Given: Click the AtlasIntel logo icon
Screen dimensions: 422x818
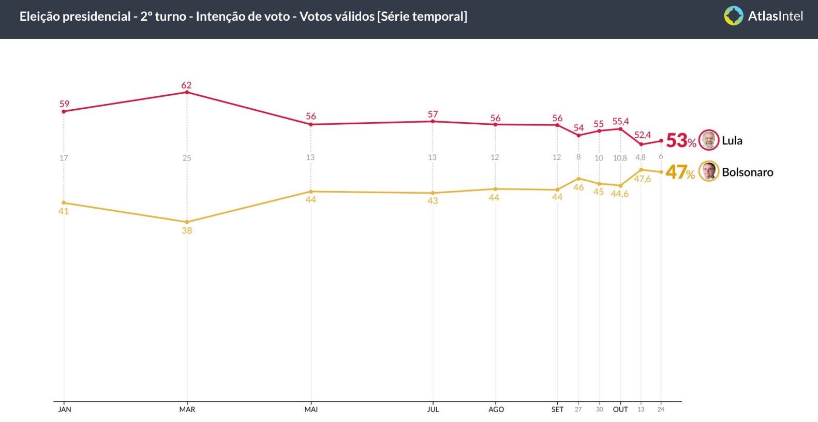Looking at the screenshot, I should coord(733,16).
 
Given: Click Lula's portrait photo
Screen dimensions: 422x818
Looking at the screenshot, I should coord(709,140).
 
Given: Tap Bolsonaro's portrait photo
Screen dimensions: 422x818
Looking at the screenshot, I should coord(709,171).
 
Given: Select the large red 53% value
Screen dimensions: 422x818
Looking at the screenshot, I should coord(680,140).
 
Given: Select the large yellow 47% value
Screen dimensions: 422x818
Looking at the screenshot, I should coord(680,172).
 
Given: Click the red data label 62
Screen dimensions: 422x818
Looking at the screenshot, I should coord(186,85).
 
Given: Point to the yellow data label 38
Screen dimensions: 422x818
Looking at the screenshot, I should coord(187,230).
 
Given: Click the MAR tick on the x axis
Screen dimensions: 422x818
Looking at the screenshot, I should coord(187,409).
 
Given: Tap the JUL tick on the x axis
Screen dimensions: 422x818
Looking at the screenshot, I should coord(433,409).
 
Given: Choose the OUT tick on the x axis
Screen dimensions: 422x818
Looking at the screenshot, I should coord(620,409).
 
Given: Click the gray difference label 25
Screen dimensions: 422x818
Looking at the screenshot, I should coord(187,158).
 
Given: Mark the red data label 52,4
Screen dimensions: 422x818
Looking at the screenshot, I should coord(643,135).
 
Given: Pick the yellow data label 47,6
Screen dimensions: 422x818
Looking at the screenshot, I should coord(643,179).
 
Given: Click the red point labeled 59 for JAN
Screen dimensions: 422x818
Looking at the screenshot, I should coord(64,111).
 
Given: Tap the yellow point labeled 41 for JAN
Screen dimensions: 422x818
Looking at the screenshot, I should coord(64,202).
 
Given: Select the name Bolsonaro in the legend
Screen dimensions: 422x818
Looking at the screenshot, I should coord(747,172).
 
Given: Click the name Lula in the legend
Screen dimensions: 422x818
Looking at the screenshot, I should coord(732,140).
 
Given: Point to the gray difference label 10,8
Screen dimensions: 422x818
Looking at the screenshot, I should coord(620,158).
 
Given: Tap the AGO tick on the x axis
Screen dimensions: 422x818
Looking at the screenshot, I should coord(496,409).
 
